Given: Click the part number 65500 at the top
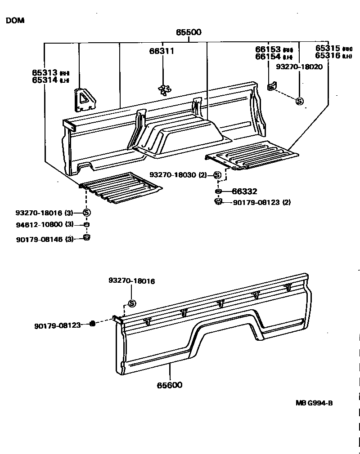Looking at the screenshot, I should point(189,32).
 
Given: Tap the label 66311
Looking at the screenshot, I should point(162,51).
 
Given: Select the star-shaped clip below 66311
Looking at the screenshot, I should point(164,89).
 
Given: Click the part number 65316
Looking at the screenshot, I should point(328,56).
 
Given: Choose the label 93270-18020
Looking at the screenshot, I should point(299,66).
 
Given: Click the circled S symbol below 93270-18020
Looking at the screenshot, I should point(300,102).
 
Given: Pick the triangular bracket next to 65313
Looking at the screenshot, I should point(84,99).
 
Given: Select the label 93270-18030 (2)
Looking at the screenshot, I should point(178,175).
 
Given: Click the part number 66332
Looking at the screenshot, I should point(244,191).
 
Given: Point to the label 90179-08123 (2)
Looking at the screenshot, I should point(261,202).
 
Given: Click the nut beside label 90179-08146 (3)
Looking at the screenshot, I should point(87,237).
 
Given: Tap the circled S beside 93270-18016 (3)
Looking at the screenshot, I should point(86,213).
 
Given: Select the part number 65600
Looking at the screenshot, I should point(170,385).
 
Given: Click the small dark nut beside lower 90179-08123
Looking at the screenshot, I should point(92,324).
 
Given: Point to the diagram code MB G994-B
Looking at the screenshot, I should point(314,403).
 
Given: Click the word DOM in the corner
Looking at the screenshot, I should point(15,21).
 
